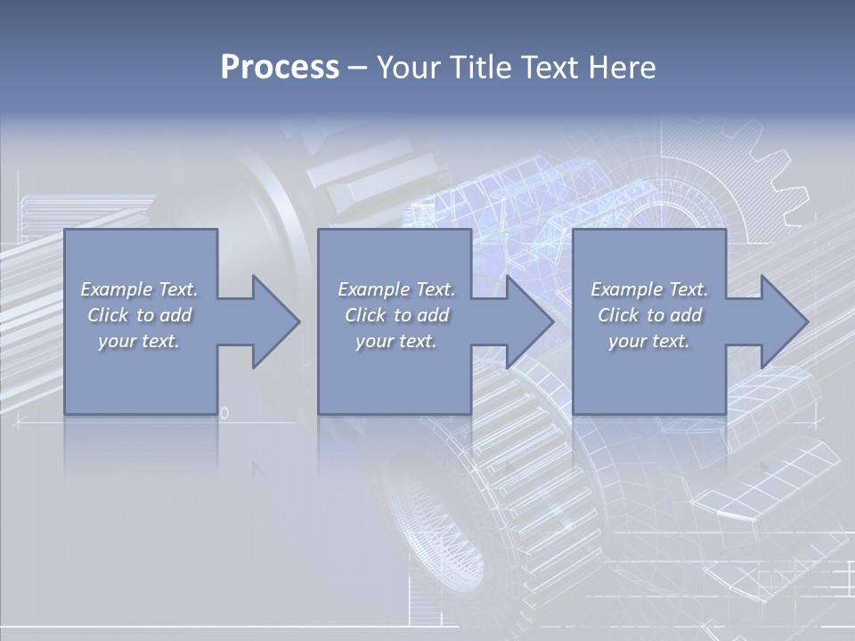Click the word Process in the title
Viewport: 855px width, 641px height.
pos(280,68)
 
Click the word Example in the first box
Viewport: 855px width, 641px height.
pos(116,289)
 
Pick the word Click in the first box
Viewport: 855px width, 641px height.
pos(107,315)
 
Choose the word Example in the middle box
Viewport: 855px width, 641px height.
pos(373,289)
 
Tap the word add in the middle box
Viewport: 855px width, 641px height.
pos(433,315)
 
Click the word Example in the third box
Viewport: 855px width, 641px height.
pos(626,289)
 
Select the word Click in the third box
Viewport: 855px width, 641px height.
pos(618,315)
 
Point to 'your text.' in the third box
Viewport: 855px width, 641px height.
pos(649,341)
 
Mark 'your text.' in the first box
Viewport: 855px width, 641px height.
pos(139,341)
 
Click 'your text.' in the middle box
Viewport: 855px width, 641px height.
pos(395,341)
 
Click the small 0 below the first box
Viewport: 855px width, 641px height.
pos(224,413)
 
